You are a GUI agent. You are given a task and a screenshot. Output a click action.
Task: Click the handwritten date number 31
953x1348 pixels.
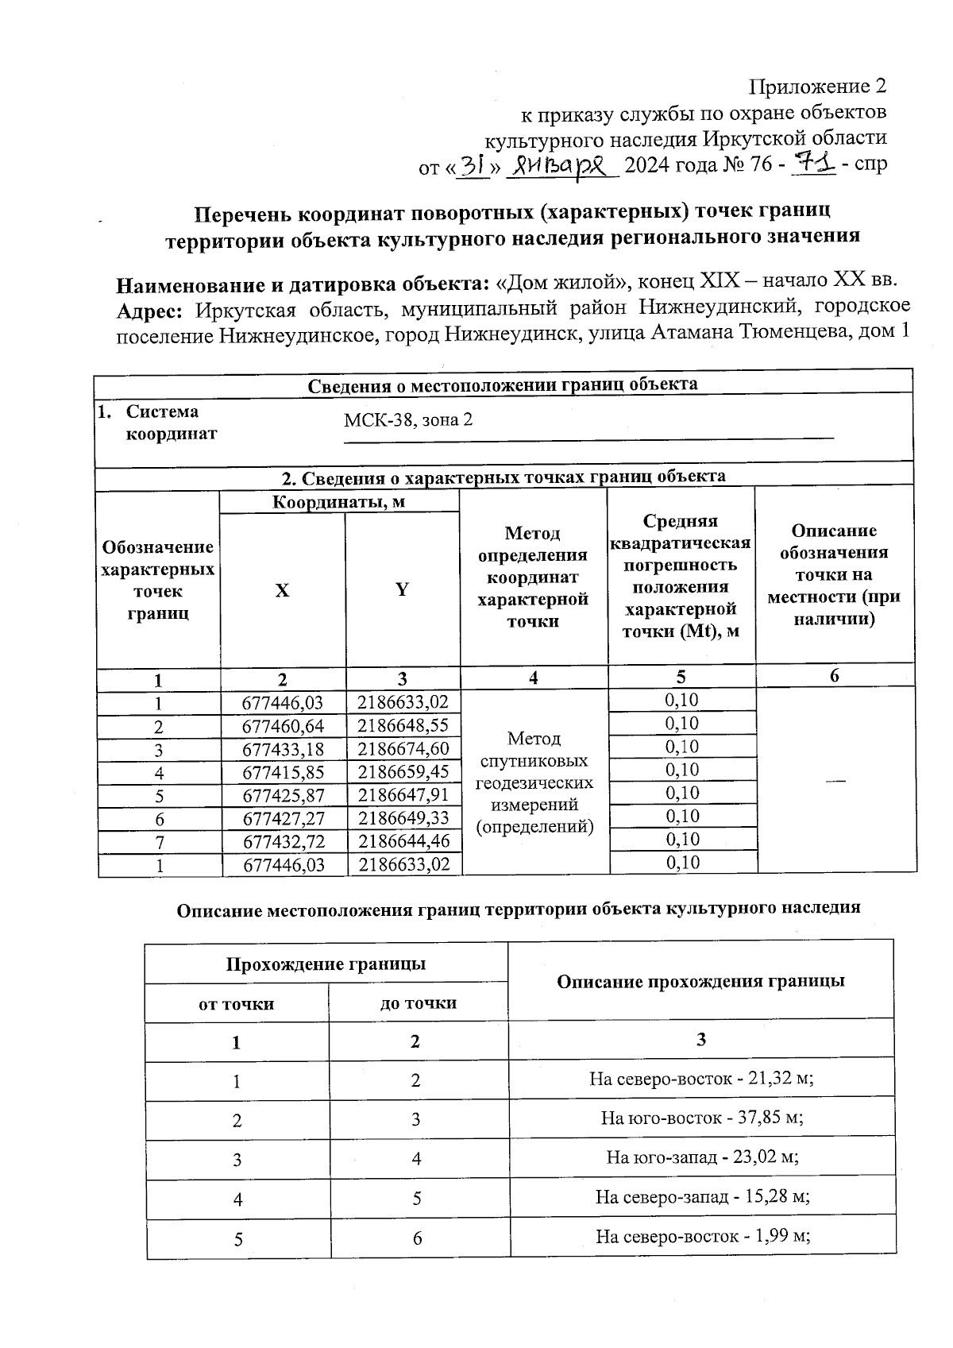[474, 165]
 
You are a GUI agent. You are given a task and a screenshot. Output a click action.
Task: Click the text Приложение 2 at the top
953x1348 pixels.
[817, 86]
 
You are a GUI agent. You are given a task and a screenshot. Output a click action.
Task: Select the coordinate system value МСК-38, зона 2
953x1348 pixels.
[408, 419]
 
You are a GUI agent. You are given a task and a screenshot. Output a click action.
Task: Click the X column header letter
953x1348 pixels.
[282, 590]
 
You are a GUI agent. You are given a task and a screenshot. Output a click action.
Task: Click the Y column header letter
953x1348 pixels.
[402, 589]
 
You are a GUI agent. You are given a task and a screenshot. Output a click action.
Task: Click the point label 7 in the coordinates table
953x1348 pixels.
[159, 842]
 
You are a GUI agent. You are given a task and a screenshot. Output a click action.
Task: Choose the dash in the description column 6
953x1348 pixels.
[834, 782]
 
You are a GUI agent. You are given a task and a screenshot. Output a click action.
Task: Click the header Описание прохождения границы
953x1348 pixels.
[700, 981]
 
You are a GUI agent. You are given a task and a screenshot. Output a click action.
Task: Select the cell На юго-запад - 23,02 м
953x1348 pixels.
[701, 1157]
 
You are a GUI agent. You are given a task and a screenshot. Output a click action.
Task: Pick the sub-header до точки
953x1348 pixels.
[419, 1003]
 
